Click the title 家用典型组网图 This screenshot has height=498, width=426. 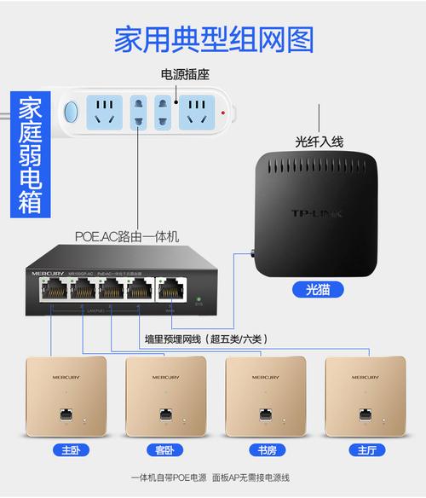click(x=213, y=39)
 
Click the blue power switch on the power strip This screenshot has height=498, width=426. click(x=71, y=112)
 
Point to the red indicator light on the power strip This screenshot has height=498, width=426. click(x=223, y=112)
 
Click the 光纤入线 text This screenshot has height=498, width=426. click(x=319, y=142)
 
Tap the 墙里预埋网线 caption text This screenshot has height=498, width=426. click(x=205, y=339)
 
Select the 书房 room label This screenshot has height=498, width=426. click(x=267, y=449)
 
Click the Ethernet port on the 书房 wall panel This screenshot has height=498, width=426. click(x=266, y=414)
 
